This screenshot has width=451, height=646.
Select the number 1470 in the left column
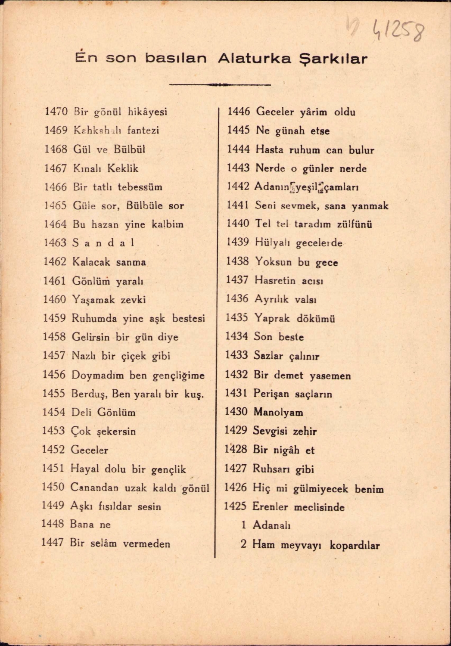tap(56, 112)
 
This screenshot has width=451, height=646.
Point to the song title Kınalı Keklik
tap(106, 168)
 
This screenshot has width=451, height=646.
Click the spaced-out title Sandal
tap(103, 243)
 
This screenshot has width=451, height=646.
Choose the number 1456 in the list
tap(54, 375)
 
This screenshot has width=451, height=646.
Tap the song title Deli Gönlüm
tap(103, 413)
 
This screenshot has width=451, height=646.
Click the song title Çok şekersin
tap(103, 431)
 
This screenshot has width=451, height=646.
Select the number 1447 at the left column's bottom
tap(53, 543)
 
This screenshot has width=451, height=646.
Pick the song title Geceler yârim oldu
tap(305, 112)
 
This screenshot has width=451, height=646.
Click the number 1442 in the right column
tap(238, 186)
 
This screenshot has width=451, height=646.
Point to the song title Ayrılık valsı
tap(285, 299)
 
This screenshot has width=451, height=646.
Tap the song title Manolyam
tap(278, 412)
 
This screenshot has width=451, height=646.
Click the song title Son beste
tap(279, 337)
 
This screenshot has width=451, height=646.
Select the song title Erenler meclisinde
tap(299, 507)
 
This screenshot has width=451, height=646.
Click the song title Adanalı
tap(271, 525)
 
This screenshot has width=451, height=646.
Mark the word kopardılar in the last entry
tap(355, 545)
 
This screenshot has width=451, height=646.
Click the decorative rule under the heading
tap(220, 85)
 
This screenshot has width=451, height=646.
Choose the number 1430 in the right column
tap(236, 412)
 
